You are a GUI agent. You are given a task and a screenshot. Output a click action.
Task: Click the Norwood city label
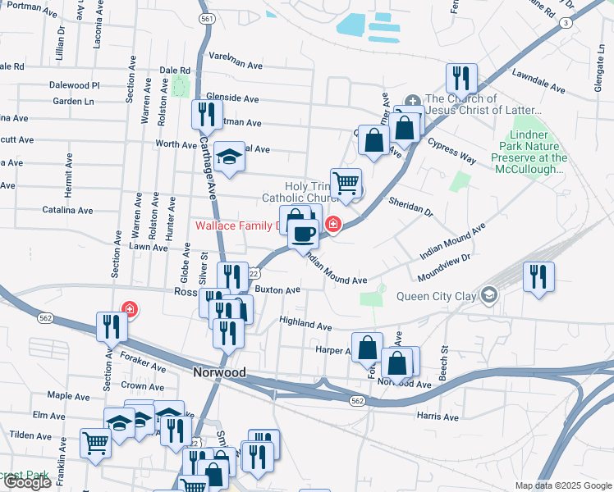[219, 372]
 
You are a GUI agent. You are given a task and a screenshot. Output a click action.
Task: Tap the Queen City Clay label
[436, 297]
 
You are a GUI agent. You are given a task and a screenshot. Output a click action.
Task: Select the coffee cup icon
[303, 235]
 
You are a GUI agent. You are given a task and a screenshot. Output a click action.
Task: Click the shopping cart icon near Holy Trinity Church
[346, 184]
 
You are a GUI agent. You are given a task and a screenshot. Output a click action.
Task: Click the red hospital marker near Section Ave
[130, 309]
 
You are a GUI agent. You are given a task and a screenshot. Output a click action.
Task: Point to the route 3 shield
[566, 23]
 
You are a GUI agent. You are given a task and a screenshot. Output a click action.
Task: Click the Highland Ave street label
[305, 323]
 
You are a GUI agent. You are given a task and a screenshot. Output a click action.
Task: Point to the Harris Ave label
[438, 417]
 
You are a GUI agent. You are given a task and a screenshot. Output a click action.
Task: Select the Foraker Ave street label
[143, 362]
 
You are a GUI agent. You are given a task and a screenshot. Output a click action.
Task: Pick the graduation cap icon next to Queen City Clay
[490, 294]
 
